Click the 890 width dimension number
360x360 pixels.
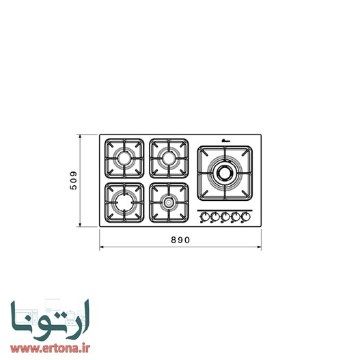[x=180, y=240]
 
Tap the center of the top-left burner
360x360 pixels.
[x=125, y=158]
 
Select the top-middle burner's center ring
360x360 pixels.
[x=168, y=158]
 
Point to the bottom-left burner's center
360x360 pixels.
[x=125, y=202]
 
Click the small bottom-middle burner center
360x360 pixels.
[x=168, y=202]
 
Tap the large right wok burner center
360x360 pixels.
[x=225, y=173]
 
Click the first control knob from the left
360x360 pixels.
[x=204, y=217]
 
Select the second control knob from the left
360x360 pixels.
[x=214, y=217]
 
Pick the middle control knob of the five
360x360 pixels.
[x=225, y=217]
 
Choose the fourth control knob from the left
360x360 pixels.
[x=235, y=217]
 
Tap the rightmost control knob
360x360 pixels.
[x=245, y=217]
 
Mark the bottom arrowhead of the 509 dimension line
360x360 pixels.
[x=81, y=226]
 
